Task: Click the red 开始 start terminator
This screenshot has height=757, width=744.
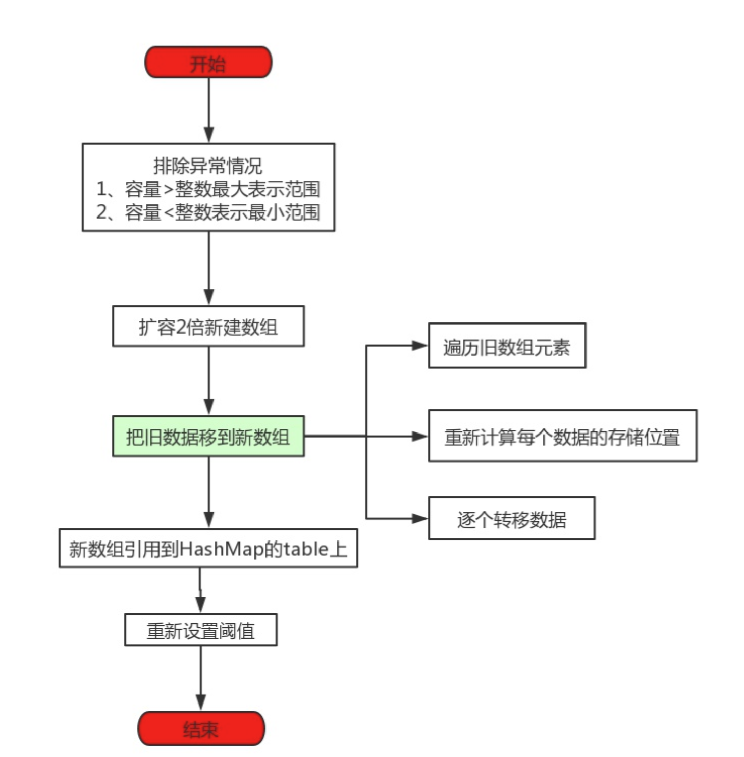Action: pyautogui.click(x=208, y=63)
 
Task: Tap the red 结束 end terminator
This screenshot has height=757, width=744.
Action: pyautogui.click(x=201, y=728)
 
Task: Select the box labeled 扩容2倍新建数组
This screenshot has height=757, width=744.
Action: pyautogui.click(x=208, y=327)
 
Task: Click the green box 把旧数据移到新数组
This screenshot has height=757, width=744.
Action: pyautogui.click(x=208, y=437)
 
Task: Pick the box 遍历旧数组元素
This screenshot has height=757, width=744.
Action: pyautogui.click(x=506, y=346)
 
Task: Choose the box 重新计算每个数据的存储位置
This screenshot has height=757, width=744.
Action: pyautogui.click(x=562, y=436)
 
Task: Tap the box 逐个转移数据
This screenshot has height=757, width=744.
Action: pyautogui.click(x=511, y=518)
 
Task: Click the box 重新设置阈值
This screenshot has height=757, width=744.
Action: pyautogui.click(x=200, y=630)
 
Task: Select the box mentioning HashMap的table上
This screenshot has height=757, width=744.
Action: pyautogui.click(x=208, y=549)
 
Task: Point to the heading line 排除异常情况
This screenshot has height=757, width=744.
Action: pyautogui.click(x=208, y=166)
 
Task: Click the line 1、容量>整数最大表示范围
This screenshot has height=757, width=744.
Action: pyautogui.click(x=208, y=189)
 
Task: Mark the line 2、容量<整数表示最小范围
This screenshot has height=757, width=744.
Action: pyautogui.click(x=208, y=212)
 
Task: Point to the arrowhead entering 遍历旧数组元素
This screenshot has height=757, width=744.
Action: pyautogui.click(x=420, y=346)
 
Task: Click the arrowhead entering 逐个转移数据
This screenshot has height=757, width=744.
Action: pyautogui.click(x=420, y=518)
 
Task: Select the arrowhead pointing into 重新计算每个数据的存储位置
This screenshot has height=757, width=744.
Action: pyautogui.click(x=420, y=436)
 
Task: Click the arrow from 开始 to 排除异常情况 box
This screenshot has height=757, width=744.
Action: pyautogui.click(x=208, y=109)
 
